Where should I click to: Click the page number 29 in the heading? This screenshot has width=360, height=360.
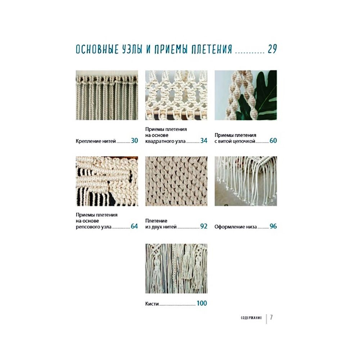click(272, 49)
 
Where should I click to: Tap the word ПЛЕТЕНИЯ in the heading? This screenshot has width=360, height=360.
click(212, 49)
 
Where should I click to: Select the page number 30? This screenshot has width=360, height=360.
click(134, 140)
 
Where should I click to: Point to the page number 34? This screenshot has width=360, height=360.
click(204, 140)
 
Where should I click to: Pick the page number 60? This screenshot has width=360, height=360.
click(273, 140)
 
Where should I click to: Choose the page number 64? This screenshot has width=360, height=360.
click(134, 226)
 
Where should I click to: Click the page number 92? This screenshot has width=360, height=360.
click(204, 226)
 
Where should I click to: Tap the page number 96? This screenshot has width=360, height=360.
click(273, 226)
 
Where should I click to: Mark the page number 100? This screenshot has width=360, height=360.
click(202, 303)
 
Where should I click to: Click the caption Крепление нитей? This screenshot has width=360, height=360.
click(96, 141)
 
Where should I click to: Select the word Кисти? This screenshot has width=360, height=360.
click(152, 304)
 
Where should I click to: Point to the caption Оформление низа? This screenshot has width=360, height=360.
click(235, 227)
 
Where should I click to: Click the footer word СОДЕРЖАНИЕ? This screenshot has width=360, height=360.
click(251, 318)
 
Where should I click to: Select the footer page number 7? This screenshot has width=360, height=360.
click(271, 317)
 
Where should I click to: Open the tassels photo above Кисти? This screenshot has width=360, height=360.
click(176, 269)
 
